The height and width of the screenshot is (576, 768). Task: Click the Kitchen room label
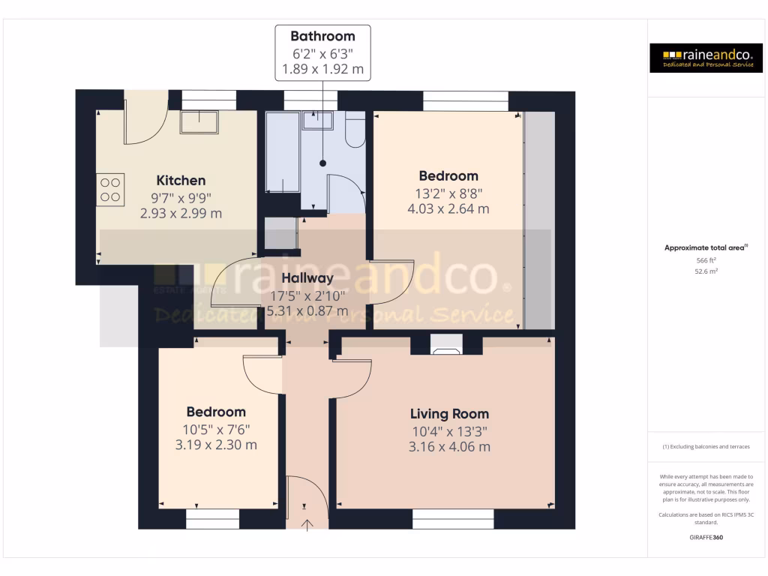181,181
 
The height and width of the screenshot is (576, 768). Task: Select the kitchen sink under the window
199,122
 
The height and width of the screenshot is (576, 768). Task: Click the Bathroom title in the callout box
322,36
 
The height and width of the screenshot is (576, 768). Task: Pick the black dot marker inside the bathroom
322,163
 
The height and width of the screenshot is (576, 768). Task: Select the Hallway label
307,278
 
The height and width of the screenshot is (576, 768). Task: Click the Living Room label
449,414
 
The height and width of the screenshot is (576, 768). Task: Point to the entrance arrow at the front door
307,522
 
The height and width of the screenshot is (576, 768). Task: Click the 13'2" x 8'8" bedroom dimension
448,193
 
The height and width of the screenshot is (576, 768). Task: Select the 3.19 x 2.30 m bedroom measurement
217,445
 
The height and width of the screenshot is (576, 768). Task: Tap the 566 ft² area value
705,260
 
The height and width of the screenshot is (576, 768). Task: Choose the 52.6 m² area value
705,271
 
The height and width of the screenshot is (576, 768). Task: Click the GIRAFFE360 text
705,538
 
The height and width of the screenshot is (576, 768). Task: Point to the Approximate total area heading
705,247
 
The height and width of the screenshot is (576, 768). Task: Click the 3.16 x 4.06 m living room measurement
449,447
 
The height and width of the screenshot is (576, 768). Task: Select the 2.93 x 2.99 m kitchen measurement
181,214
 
